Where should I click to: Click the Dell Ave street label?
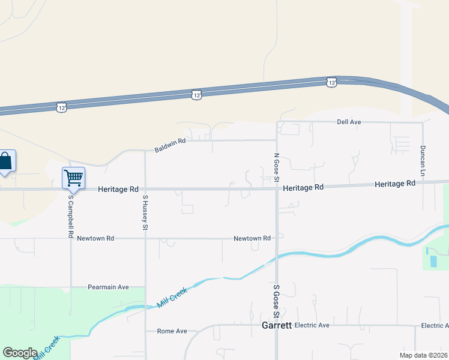click(x=349, y=122)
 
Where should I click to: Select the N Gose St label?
click(x=277, y=167)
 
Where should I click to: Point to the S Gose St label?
click(x=277, y=301)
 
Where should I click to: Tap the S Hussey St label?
click(x=145, y=212)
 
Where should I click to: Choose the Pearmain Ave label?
click(x=108, y=287)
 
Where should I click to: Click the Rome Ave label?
click(x=172, y=331)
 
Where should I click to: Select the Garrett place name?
click(x=277, y=326)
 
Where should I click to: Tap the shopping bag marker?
click(x=5, y=161)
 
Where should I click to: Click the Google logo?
click(x=20, y=353)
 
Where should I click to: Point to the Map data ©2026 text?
click(x=423, y=355)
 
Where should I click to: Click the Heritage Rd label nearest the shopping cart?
click(x=118, y=189)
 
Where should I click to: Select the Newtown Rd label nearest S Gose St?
click(x=252, y=238)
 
